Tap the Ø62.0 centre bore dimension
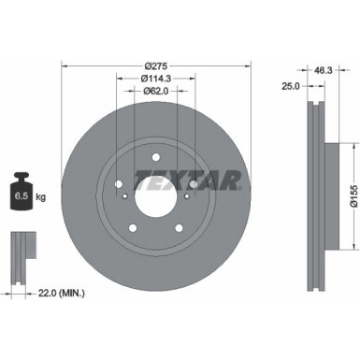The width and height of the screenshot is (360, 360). pyautogui.click(x=156, y=91)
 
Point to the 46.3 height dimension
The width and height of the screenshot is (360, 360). pyautogui.click(x=322, y=69)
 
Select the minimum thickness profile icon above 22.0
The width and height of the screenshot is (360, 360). pyautogui.click(x=22, y=249)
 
